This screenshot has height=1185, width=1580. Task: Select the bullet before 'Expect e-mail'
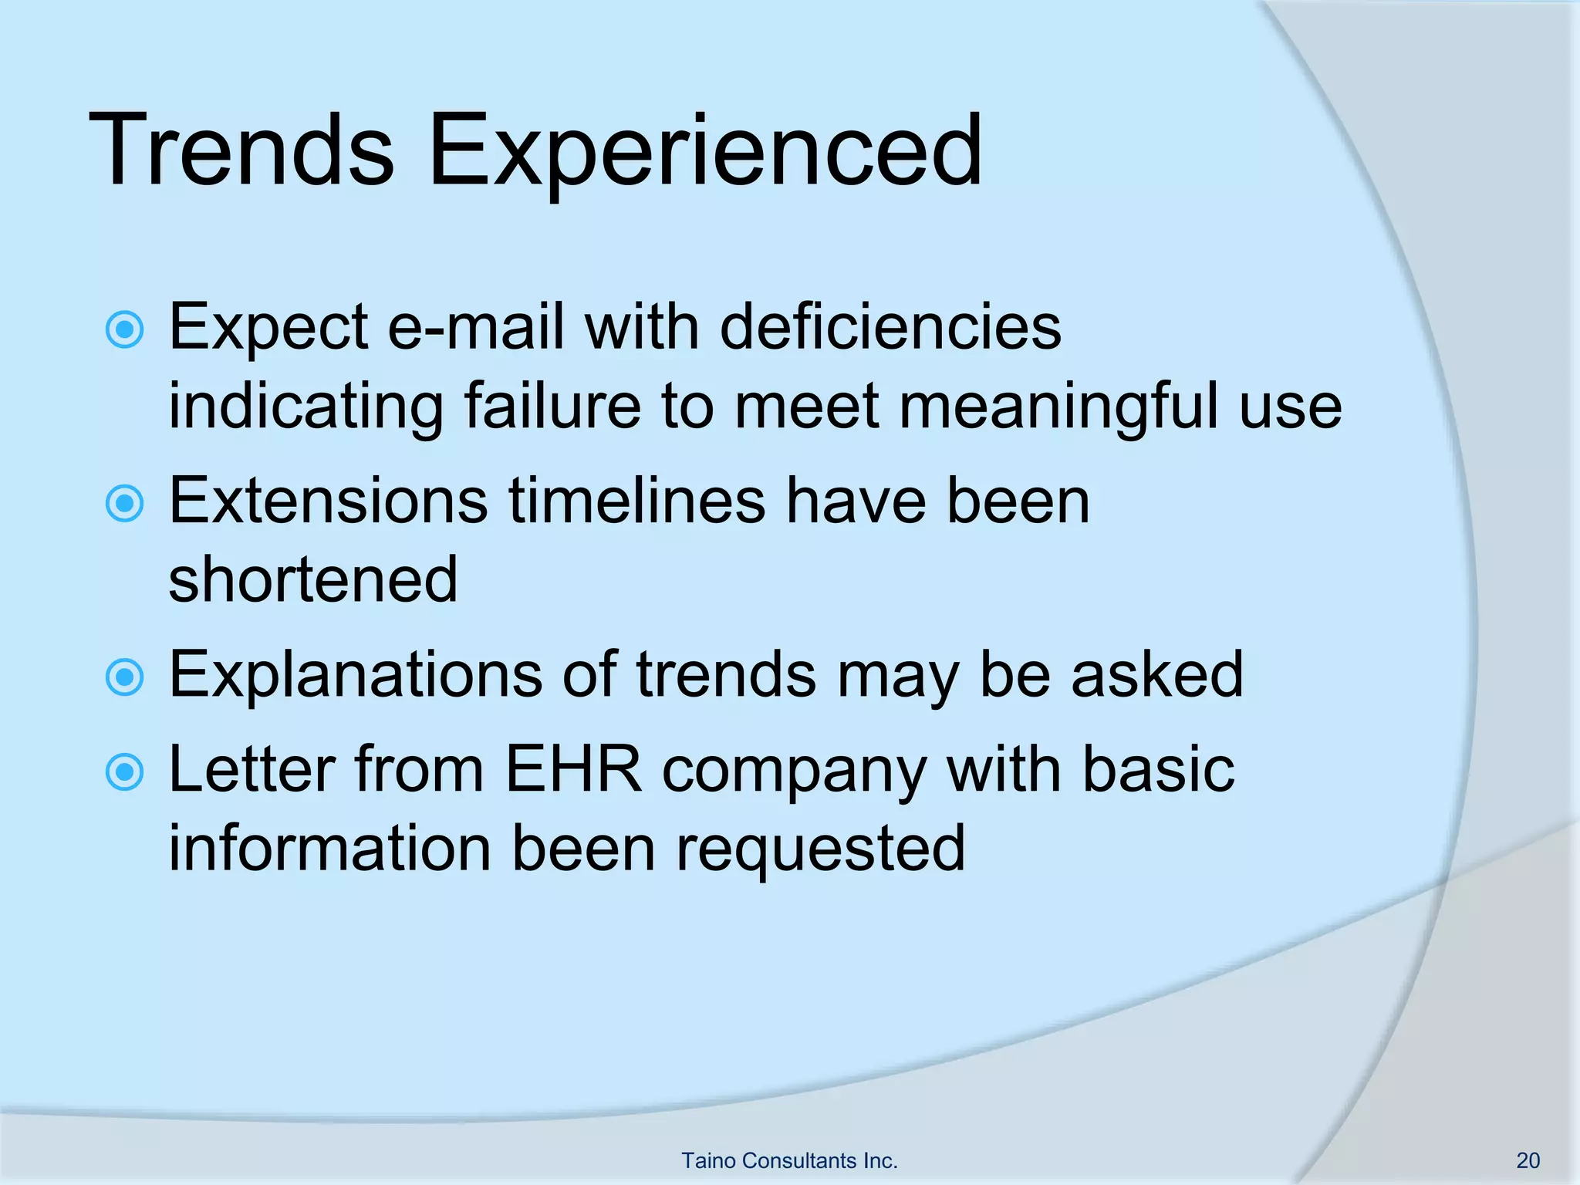(x=124, y=330)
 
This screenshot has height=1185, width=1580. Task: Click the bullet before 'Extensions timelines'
(x=124, y=504)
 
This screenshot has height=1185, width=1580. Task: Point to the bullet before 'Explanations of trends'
(x=124, y=677)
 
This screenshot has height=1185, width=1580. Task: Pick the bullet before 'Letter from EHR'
(x=124, y=772)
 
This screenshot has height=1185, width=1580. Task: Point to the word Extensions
(x=328, y=501)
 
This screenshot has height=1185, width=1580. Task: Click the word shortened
(x=313, y=580)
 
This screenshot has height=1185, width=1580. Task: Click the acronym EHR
(x=573, y=770)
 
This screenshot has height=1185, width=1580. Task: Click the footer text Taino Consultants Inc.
(x=789, y=1160)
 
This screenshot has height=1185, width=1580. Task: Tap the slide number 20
(x=1528, y=1160)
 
